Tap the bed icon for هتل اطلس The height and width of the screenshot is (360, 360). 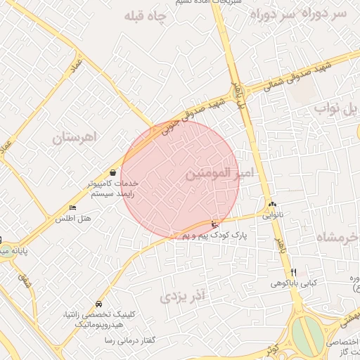(x=73, y=207)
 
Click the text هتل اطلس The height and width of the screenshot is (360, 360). (x=74, y=219)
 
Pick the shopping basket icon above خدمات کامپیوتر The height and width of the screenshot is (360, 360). (x=112, y=172)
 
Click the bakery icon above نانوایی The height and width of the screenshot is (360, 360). (x=272, y=205)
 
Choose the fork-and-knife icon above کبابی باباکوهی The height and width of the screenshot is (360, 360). (x=294, y=272)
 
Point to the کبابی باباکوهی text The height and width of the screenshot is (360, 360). (x=294, y=284)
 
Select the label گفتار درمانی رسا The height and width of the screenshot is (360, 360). (x=129, y=340)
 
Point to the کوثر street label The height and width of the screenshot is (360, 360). (x=274, y=349)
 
